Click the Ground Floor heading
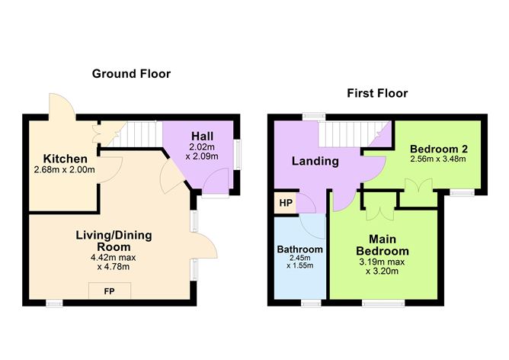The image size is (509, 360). [131, 74]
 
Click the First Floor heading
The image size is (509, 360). [377, 93]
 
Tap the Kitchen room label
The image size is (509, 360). [66, 159]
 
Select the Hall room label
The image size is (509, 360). [202, 136]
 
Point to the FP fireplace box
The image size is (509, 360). [110, 291]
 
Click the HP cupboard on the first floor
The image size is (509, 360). [286, 203]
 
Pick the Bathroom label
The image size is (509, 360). [300, 249]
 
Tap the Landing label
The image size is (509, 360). [315, 161]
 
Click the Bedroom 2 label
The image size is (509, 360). [439, 149]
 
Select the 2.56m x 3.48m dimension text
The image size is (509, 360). [438, 159]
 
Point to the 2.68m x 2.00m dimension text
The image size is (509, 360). [64, 169]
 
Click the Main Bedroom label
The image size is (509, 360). [383, 245]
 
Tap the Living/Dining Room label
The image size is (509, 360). [114, 241]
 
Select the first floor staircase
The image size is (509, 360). [354, 134]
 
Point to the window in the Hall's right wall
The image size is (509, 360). [238, 154]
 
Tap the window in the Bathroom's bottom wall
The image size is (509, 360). [311, 303]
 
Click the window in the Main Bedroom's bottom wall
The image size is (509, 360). [383, 303]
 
